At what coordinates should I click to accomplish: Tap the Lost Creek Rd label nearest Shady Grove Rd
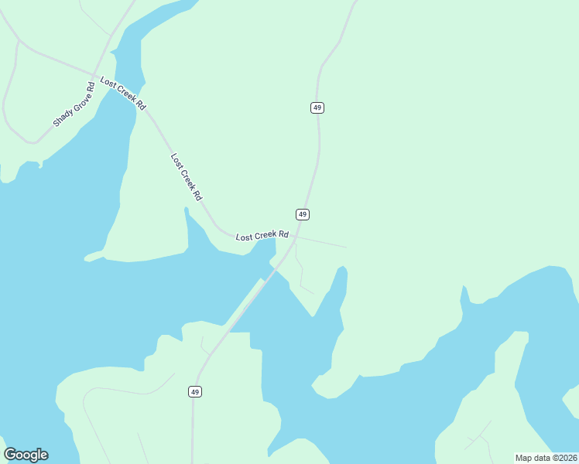tap(123, 94)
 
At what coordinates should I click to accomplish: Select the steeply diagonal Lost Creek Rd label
tap(186, 177)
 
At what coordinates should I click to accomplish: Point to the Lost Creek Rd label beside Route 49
tap(262, 235)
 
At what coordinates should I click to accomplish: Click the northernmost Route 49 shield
tap(317, 107)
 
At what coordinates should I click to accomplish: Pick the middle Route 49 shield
tap(303, 214)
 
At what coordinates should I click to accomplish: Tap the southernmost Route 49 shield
tap(195, 392)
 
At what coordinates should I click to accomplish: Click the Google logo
tap(26, 455)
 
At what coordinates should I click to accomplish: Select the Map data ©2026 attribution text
tap(546, 458)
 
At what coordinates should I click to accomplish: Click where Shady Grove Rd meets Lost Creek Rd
tap(98, 74)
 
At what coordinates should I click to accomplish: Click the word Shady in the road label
tap(62, 117)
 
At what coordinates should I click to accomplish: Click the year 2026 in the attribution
tap(567, 458)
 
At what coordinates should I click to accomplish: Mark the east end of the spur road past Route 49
tap(345, 247)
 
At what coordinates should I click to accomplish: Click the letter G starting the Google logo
tap(10, 455)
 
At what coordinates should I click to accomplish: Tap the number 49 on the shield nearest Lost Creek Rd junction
tap(303, 214)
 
